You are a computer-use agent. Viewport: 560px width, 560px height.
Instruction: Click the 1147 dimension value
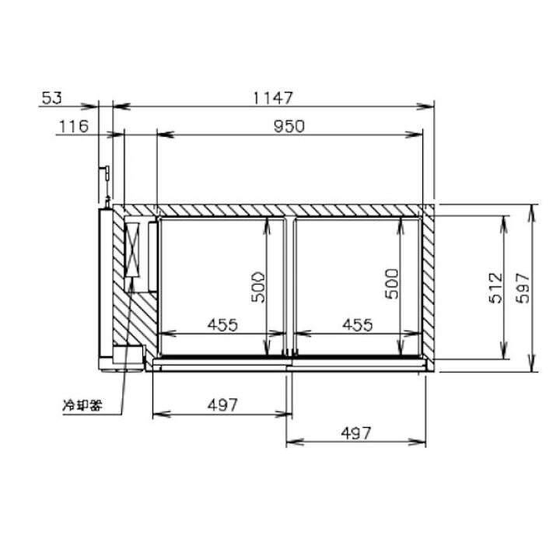coord(273,98)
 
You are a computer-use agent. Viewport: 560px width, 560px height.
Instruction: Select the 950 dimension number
coord(289,126)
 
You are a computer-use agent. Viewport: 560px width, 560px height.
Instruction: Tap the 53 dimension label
coord(52,98)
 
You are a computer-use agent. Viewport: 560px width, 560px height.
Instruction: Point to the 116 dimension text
coord(74,126)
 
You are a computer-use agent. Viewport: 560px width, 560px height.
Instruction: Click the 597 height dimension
coord(523,288)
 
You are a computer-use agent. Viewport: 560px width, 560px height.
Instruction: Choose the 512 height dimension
coord(495,288)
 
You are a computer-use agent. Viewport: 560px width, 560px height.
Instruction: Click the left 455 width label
coord(222,324)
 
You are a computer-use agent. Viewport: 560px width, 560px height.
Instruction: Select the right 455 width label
coord(358,324)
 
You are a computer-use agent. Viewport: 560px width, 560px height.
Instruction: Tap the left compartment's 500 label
coord(258,287)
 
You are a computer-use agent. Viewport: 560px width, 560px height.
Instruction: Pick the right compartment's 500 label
coord(391,284)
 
